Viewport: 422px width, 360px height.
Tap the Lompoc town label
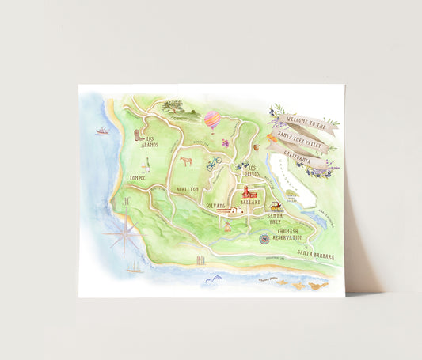139,179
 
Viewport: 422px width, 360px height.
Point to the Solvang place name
216,205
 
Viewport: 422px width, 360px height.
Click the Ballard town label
251,203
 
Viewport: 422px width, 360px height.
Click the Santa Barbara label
316,255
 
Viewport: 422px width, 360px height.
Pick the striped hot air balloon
212,119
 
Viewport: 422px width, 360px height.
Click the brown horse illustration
186,161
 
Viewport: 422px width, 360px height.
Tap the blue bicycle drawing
214,163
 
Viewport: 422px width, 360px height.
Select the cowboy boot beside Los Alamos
140,134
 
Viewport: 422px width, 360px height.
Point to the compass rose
125,230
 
